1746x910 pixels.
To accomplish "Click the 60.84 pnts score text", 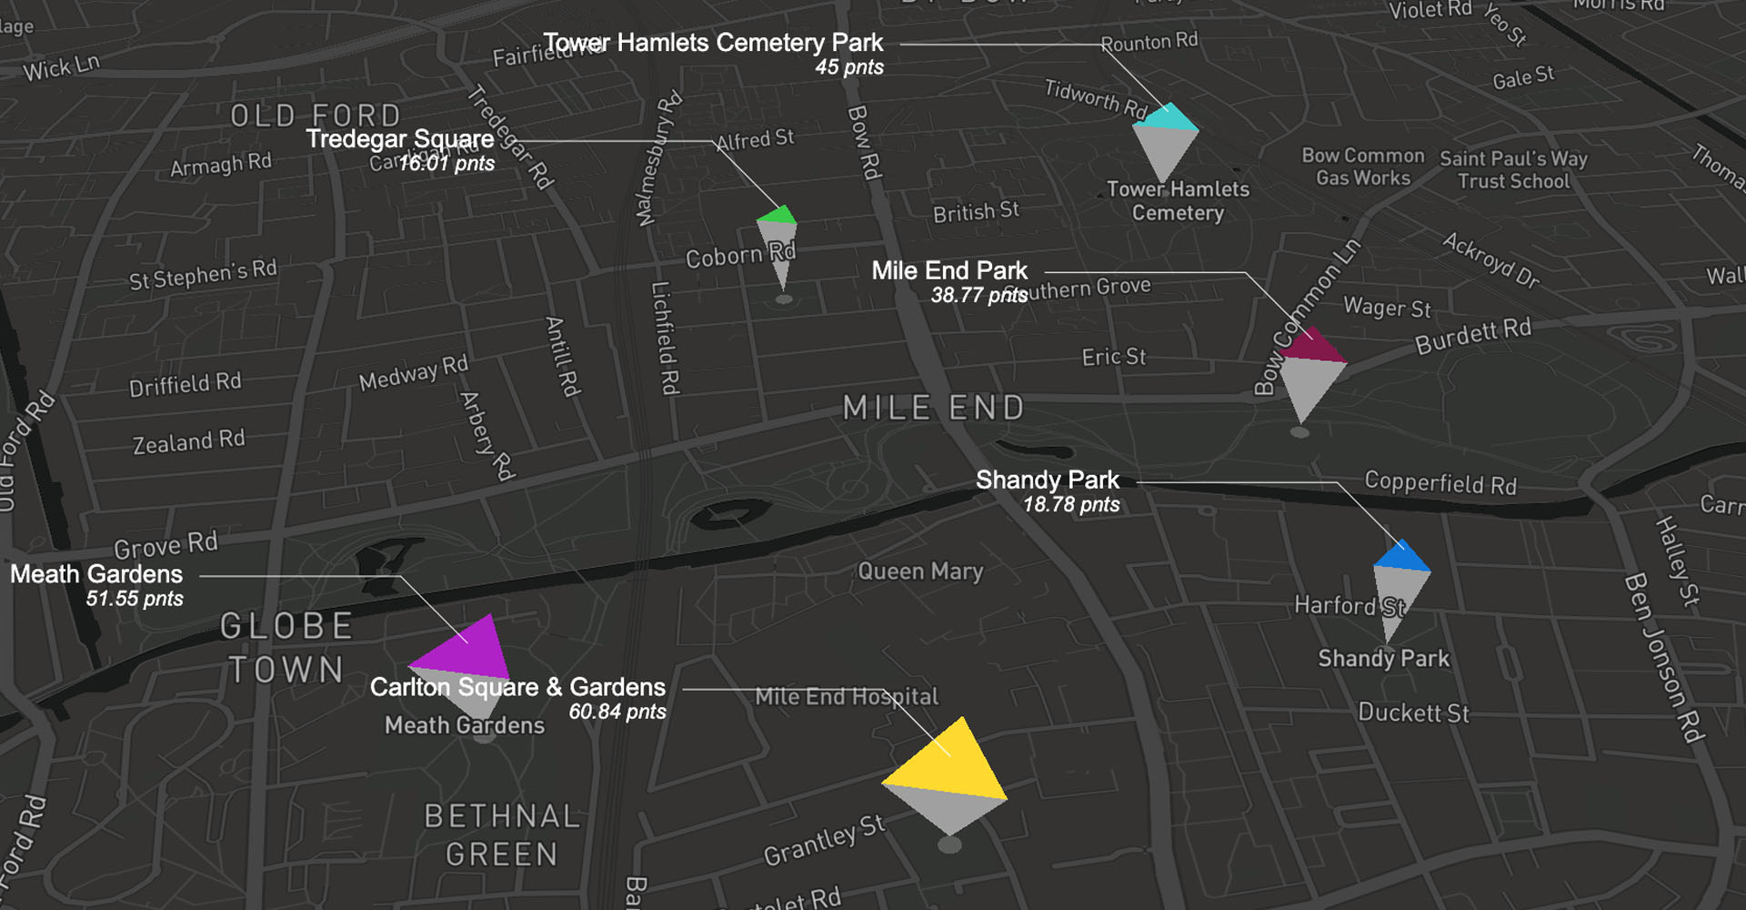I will [617, 712].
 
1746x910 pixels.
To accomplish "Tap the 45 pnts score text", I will [849, 67].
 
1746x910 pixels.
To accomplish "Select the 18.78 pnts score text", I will [1071, 505].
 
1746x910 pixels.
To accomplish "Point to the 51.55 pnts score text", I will [135, 599].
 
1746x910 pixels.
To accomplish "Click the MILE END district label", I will [934, 408].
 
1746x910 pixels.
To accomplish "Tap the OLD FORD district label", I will [315, 116].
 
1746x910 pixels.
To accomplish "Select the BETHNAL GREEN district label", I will [501, 835].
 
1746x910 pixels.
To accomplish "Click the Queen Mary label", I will [920, 571].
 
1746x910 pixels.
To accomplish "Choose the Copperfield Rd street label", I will [1440, 483].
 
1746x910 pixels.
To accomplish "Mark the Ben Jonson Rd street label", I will [1663, 657].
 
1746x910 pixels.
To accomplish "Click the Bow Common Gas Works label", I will [1362, 167].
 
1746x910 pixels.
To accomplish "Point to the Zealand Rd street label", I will [189, 442].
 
